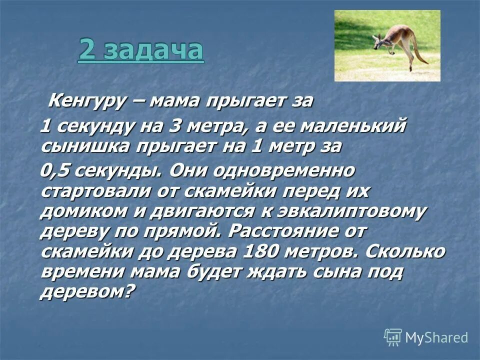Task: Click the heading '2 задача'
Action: (x=141, y=51)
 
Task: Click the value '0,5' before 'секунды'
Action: (x=55, y=171)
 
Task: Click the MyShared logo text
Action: (x=436, y=337)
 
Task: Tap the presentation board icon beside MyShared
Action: (x=393, y=337)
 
